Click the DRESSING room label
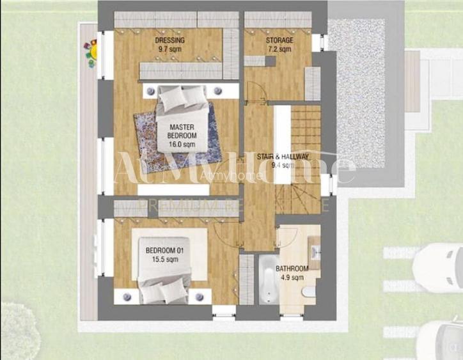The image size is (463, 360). pyautogui.click(x=169, y=41)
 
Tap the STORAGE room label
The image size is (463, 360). pyautogui.click(x=279, y=41)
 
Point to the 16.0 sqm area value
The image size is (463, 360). pyautogui.click(x=182, y=145)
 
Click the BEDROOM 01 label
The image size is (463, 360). pyautogui.click(x=164, y=251)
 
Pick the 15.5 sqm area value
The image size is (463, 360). pyautogui.click(x=164, y=260)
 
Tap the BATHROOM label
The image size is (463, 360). pyautogui.click(x=292, y=269)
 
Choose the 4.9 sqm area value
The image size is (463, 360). pyautogui.click(x=292, y=278)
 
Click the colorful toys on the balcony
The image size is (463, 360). pyautogui.click(x=91, y=52)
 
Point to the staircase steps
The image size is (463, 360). pyautogui.click(x=306, y=128)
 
